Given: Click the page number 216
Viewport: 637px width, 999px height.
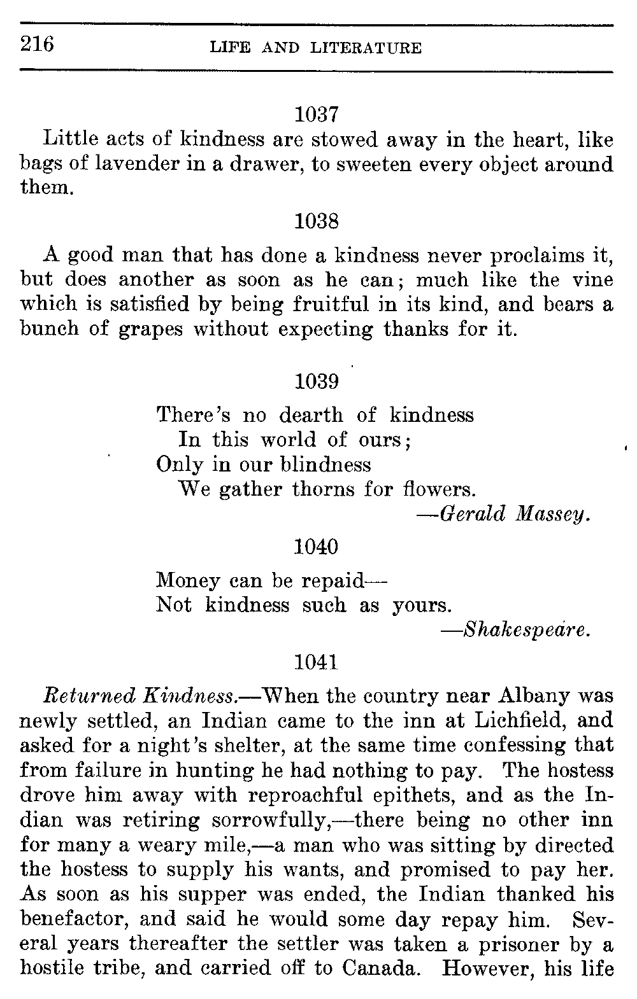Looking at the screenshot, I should click(38, 45).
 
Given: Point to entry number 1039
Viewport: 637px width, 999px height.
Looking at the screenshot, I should click(317, 382).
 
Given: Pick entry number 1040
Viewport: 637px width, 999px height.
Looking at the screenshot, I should click(317, 547).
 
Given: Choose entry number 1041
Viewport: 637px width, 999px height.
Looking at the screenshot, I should click(317, 662).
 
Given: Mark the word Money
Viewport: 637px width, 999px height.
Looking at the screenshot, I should click(187, 580).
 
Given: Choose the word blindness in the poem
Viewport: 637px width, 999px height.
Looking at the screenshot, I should click(326, 465).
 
